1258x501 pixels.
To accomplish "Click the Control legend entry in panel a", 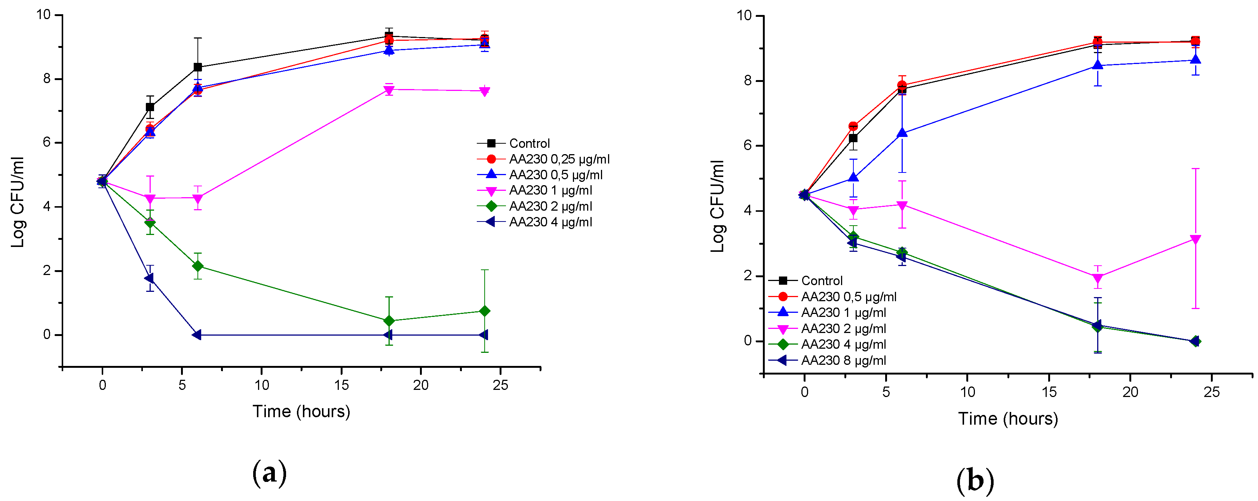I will [529, 143].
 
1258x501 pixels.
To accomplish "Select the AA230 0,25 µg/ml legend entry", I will [559, 159].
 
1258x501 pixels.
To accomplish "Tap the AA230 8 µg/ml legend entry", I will [843, 361].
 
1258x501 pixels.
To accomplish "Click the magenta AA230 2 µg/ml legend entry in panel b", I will [843, 329].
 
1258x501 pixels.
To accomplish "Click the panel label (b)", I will [975, 480].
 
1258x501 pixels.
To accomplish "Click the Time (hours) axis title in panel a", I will [301, 412].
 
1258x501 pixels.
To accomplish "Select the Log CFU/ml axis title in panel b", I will [717, 206].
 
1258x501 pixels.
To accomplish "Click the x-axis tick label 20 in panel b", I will [1130, 392].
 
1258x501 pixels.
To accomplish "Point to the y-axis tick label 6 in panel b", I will [747, 146].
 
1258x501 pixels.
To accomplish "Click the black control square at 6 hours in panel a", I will [197, 67].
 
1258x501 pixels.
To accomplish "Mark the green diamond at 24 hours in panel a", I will [484, 311].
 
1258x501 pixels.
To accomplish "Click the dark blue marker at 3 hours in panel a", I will [150, 278].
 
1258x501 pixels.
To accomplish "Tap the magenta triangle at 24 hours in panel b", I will [1196, 239].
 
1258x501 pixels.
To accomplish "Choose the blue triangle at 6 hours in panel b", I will [902, 132].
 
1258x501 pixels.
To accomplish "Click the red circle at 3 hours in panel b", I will [853, 126].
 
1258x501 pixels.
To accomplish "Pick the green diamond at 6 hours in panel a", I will [197, 266].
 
